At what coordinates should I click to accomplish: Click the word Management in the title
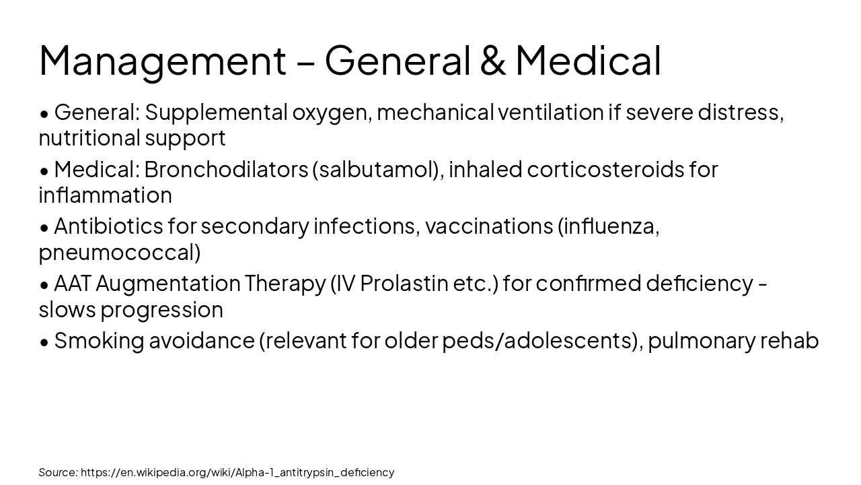[x=162, y=61]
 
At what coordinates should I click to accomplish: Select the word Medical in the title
[x=588, y=61]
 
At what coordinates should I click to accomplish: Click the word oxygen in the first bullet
[x=330, y=112]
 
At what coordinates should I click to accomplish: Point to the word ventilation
[x=550, y=112]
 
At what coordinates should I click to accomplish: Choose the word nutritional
[x=89, y=138]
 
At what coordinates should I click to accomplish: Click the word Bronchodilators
[x=225, y=170]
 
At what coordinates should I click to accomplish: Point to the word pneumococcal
[x=117, y=253]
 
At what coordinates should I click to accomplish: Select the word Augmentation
[x=168, y=284]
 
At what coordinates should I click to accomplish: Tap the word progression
[x=161, y=310]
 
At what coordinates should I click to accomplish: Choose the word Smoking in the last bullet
[x=99, y=341]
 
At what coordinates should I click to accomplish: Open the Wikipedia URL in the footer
[x=237, y=472]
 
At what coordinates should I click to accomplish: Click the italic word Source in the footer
[x=57, y=472]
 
